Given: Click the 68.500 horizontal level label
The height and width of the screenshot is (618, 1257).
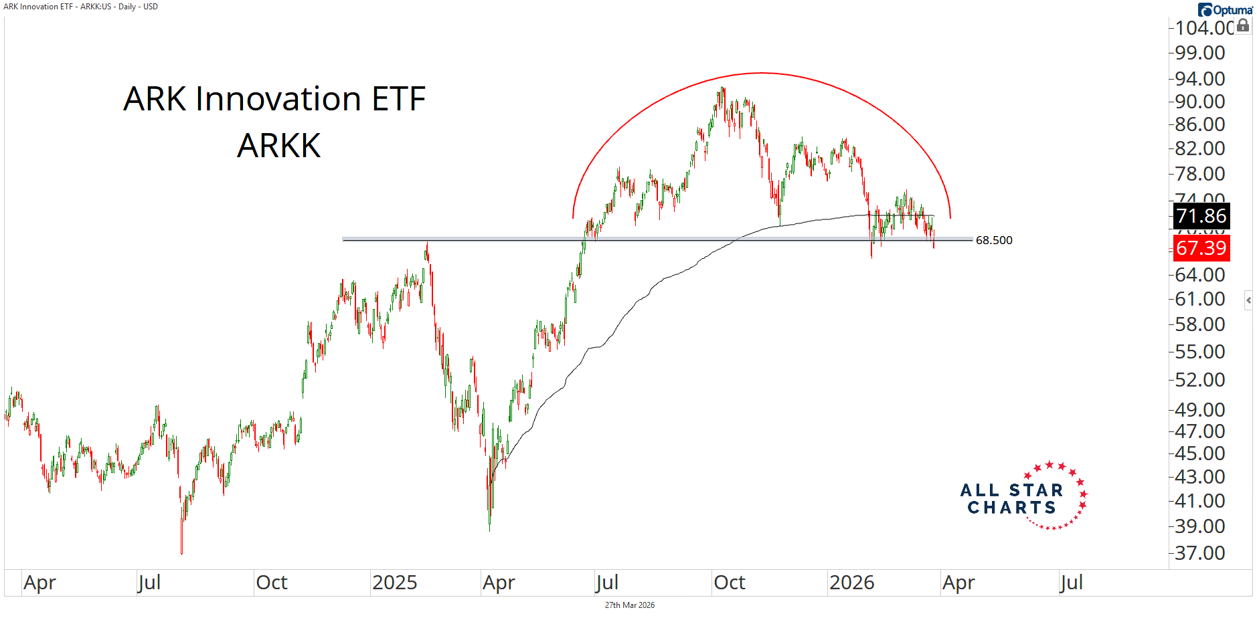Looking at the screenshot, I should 993,240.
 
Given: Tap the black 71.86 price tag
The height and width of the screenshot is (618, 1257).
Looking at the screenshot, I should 1201,216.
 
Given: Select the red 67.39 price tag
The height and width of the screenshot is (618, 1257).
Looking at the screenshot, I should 1201,248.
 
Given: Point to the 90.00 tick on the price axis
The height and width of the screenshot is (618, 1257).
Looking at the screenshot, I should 1199,102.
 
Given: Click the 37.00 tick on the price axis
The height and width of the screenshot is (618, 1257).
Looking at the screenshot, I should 1199,553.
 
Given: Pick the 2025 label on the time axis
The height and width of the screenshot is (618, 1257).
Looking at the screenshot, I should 394,583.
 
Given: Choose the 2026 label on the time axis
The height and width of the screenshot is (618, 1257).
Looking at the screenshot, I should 851,583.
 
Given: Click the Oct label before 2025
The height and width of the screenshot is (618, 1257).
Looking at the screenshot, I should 272,583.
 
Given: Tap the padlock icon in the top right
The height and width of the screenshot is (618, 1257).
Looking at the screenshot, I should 1243,25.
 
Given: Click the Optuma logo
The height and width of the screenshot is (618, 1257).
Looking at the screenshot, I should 1226,9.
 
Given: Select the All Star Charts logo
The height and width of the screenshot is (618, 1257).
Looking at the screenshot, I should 1023,497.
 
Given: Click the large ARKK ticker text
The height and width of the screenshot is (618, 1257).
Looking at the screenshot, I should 279,146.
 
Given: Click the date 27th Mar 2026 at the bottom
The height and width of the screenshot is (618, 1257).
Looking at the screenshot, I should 629,605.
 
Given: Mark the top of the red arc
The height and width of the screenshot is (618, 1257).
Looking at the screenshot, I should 762,73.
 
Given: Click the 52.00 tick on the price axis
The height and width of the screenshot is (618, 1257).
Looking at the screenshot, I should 1199,380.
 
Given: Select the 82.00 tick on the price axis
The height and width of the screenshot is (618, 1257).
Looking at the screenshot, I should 1199,148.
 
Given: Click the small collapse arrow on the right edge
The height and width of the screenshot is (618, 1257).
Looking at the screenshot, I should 1248,300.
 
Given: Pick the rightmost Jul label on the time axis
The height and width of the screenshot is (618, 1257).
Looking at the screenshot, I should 1071,583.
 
